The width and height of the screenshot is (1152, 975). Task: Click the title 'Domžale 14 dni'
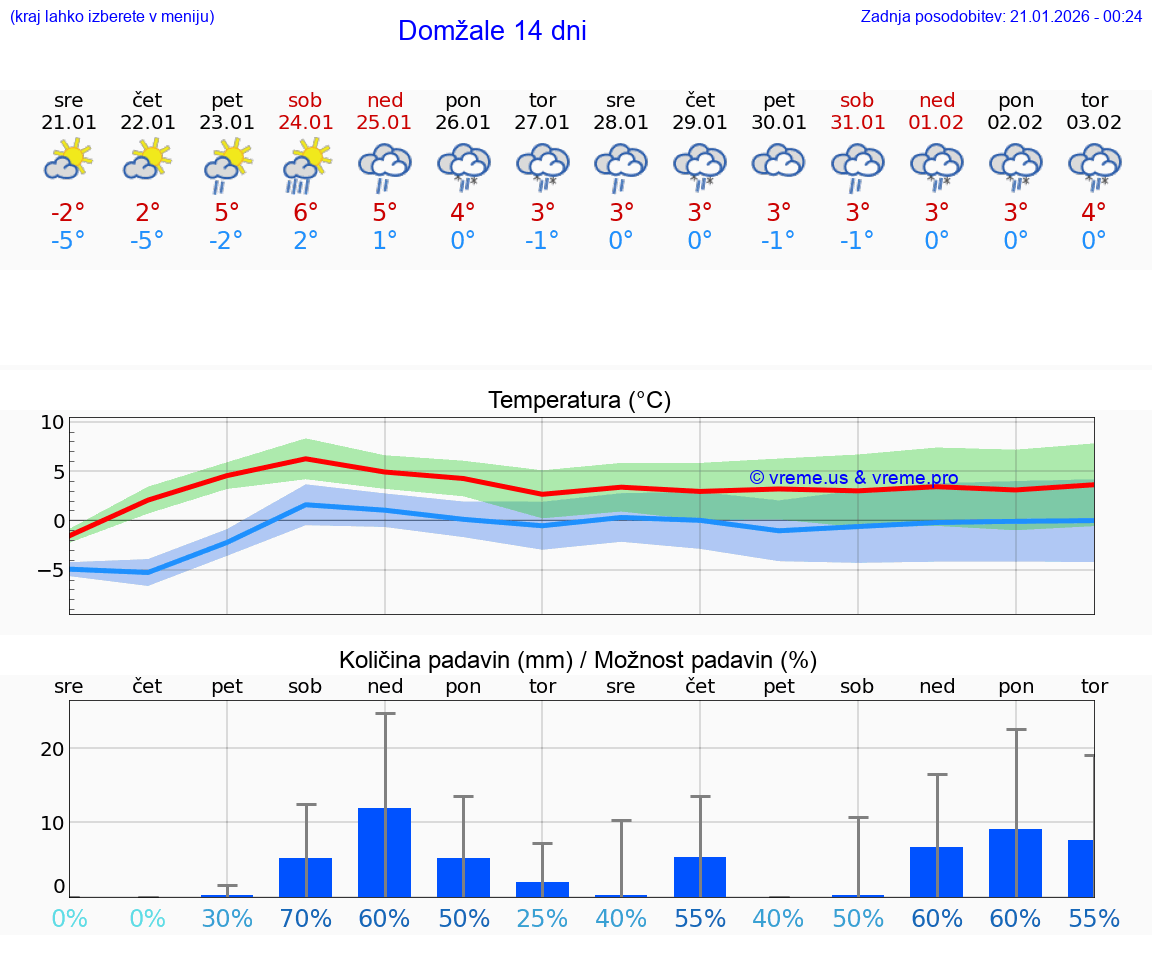(x=492, y=31)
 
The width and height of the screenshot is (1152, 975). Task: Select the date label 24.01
(x=306, y=123)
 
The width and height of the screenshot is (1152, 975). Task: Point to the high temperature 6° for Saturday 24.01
(x=306, y=213)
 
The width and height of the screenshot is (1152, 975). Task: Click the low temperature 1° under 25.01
(x=385, y=241)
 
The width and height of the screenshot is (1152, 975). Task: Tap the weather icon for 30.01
(x=778, y=161)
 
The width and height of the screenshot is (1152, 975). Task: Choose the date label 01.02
(x=937, y=123)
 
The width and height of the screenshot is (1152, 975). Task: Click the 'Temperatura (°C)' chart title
(x=579, y=401)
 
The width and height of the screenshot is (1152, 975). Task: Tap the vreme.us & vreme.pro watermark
(x=854, y=478)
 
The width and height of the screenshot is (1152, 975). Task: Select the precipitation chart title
(x=578, y=660)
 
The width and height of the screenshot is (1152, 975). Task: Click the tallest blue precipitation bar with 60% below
(x=385, y=852)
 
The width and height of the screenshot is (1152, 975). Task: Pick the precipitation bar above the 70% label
(x=306, y=877)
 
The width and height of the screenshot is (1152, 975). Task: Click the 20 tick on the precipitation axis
(x=52, y=749)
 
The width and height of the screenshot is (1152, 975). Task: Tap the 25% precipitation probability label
(x=542, y=919)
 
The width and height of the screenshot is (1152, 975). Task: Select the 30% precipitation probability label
(x=227, y=919)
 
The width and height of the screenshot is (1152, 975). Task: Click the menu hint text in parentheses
(x=112, y=16)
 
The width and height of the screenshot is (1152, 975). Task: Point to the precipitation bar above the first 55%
(x=700, y=876)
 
